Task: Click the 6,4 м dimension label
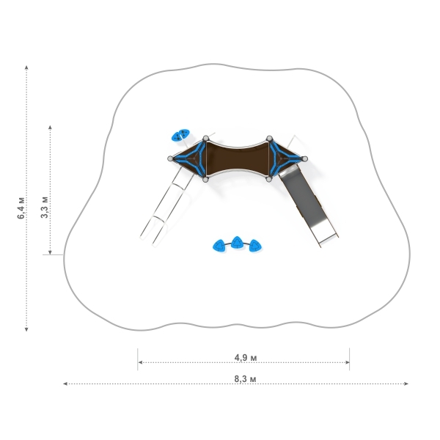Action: [21, 208]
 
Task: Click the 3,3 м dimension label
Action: [44, 207]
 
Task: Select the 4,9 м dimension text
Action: [246, 358]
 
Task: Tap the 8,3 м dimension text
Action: [245, 379]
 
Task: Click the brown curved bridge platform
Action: [238, 159]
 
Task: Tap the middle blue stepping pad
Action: [238, 243]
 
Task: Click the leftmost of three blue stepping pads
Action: [219, 246]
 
